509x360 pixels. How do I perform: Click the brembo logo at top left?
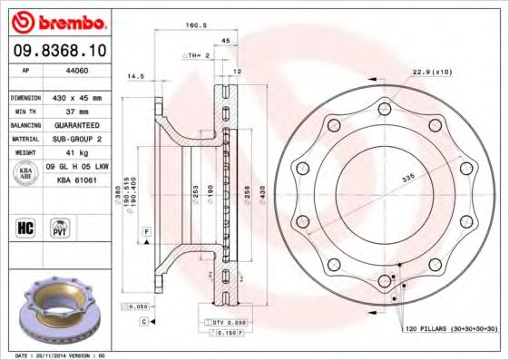click(59, 20)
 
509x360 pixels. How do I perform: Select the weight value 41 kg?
click(72, 153)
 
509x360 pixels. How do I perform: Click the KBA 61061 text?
click(77, 180)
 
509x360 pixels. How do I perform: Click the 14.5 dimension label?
click(136, 76)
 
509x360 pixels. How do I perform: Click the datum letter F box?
click(144, 234)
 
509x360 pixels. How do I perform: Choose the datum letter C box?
click(143, 321)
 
